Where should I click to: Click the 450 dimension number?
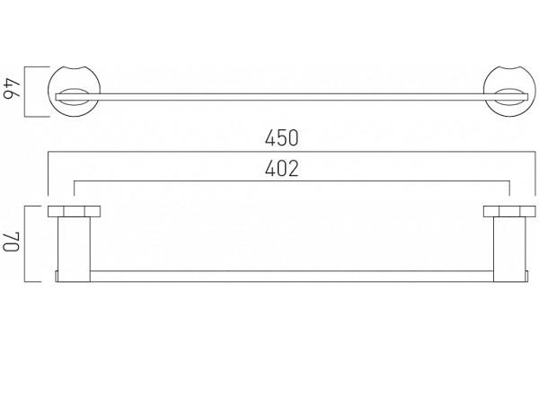coord(281,138)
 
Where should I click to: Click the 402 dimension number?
coord(281,169)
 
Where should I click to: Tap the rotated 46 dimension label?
coord(13,92)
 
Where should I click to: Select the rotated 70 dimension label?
coord(12,242)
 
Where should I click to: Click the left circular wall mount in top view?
coord(75,66)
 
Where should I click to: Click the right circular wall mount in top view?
coord(509,66)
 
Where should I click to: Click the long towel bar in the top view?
coord(291,97)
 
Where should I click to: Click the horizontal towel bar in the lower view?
coord(291,277)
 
